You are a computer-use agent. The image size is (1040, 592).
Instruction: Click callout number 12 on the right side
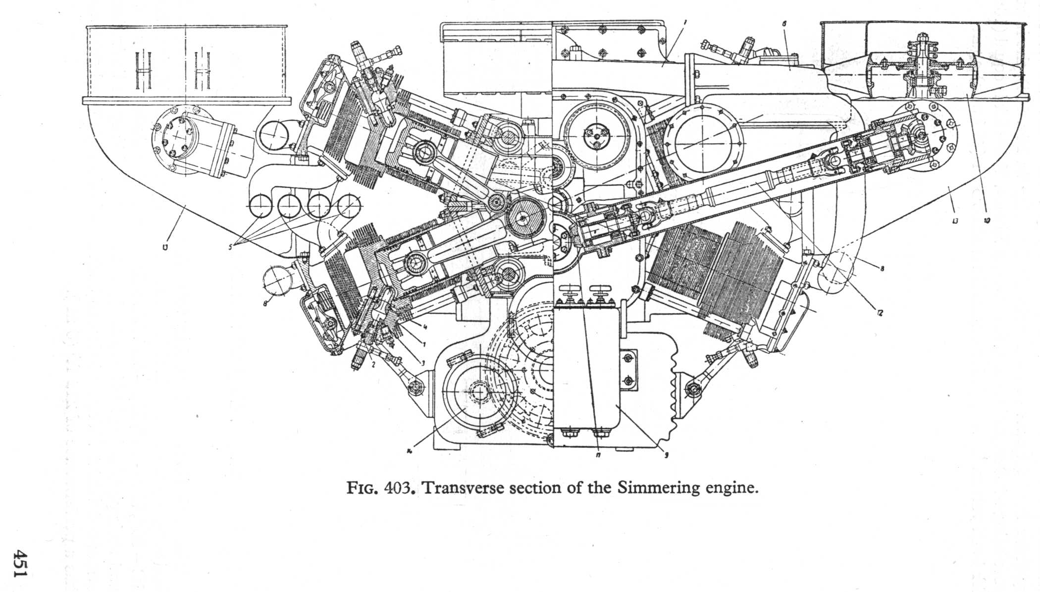880,313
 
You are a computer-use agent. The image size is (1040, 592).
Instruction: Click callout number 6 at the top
785,23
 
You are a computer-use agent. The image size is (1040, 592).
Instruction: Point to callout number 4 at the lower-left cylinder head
424,325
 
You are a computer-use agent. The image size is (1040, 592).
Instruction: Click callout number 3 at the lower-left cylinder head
422,363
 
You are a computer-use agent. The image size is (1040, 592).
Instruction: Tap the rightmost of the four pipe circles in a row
350,205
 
